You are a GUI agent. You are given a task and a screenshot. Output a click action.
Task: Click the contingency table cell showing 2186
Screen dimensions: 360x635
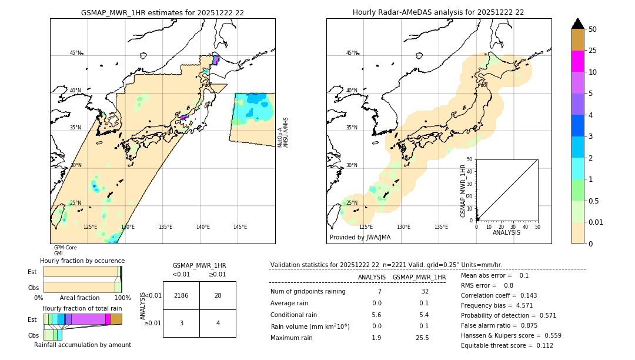181,295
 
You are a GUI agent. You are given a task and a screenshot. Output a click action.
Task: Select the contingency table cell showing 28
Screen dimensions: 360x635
218,295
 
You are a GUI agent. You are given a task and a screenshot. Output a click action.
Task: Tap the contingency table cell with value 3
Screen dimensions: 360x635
181,323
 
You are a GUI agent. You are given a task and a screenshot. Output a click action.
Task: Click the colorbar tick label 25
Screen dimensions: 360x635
593,51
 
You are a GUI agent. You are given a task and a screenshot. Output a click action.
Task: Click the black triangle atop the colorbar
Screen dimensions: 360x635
578,24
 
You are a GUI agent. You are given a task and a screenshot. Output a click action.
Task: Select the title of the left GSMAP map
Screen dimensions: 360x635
162,12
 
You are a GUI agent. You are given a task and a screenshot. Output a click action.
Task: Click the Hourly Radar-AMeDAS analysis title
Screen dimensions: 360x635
438,12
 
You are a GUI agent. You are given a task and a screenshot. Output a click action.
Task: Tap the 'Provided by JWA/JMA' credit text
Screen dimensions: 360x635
360,238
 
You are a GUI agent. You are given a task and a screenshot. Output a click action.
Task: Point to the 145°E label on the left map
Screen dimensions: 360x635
240,227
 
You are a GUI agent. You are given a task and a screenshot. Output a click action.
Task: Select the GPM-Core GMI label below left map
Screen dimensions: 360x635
65,251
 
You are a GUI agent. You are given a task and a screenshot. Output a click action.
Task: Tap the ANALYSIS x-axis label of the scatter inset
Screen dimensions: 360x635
506,232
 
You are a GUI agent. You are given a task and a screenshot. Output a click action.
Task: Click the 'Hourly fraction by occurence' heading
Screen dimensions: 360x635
82,261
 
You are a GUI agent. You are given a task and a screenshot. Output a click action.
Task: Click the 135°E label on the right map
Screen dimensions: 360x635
441,227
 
